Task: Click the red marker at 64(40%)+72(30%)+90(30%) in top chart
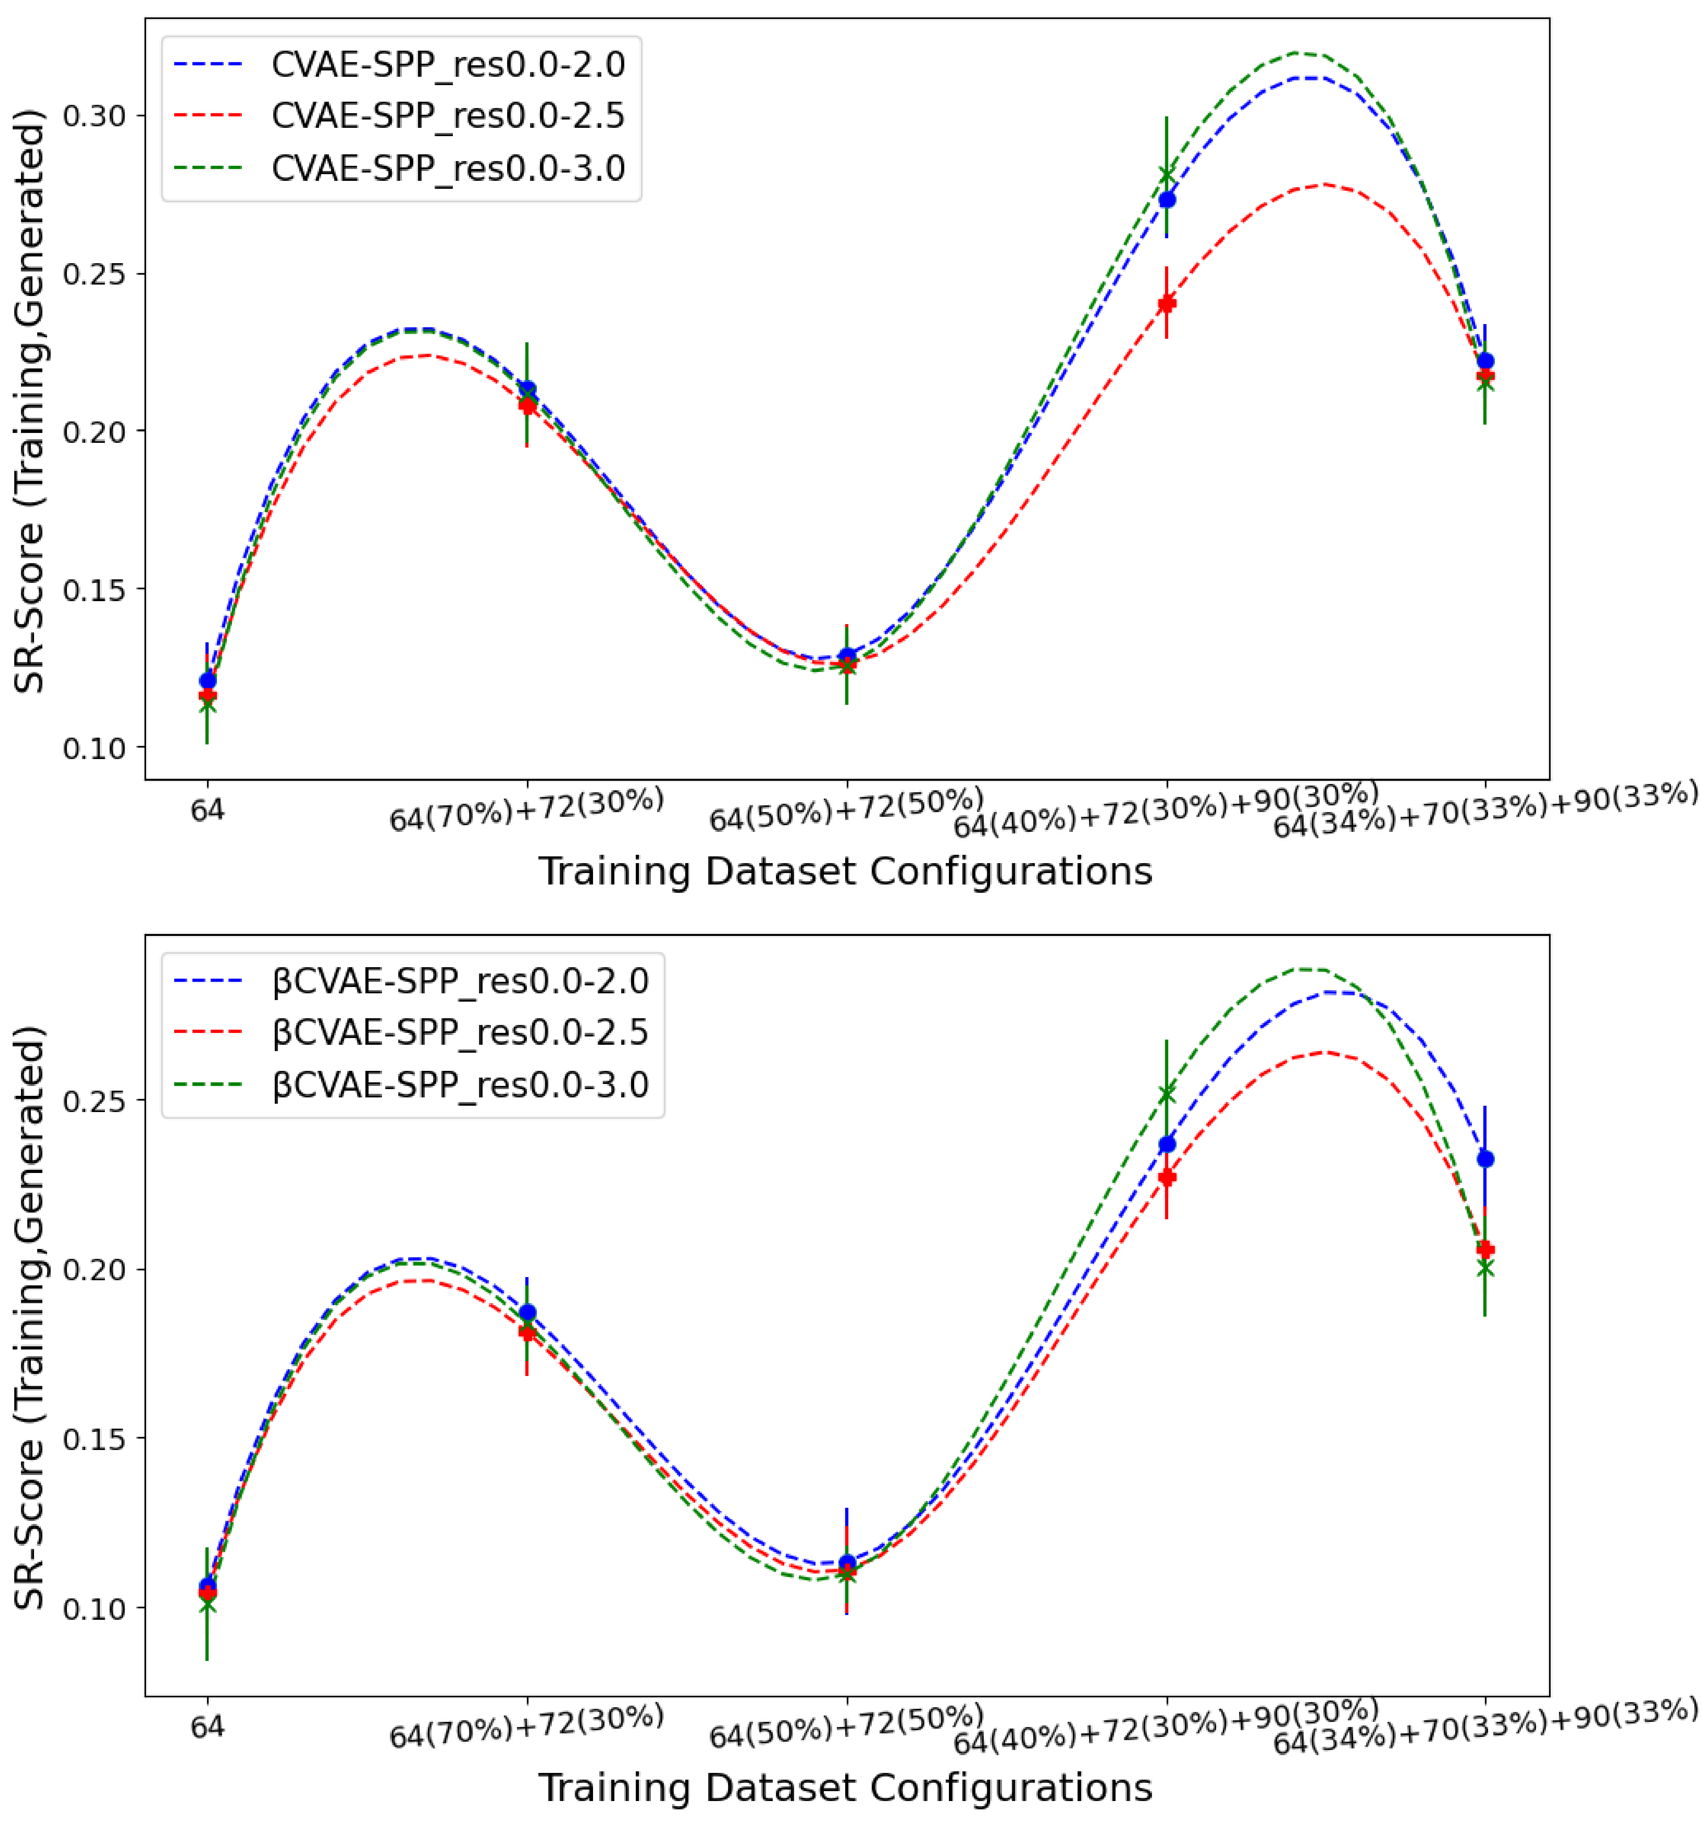1166,304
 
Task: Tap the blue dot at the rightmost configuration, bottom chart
1485,1160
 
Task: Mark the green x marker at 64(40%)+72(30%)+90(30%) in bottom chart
1166,1093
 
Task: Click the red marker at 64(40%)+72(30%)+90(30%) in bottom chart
1166,1177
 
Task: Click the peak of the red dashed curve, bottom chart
1323,1052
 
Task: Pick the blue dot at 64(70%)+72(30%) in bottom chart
527,1312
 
